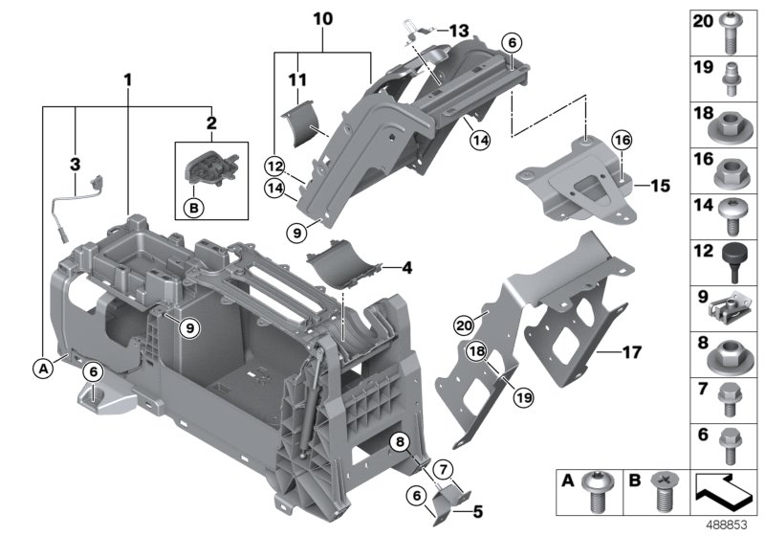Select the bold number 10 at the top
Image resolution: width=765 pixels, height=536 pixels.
(323, 18)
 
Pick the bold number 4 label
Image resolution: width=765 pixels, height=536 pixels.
(405, 269)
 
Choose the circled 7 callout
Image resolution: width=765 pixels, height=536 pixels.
(443, 468)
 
